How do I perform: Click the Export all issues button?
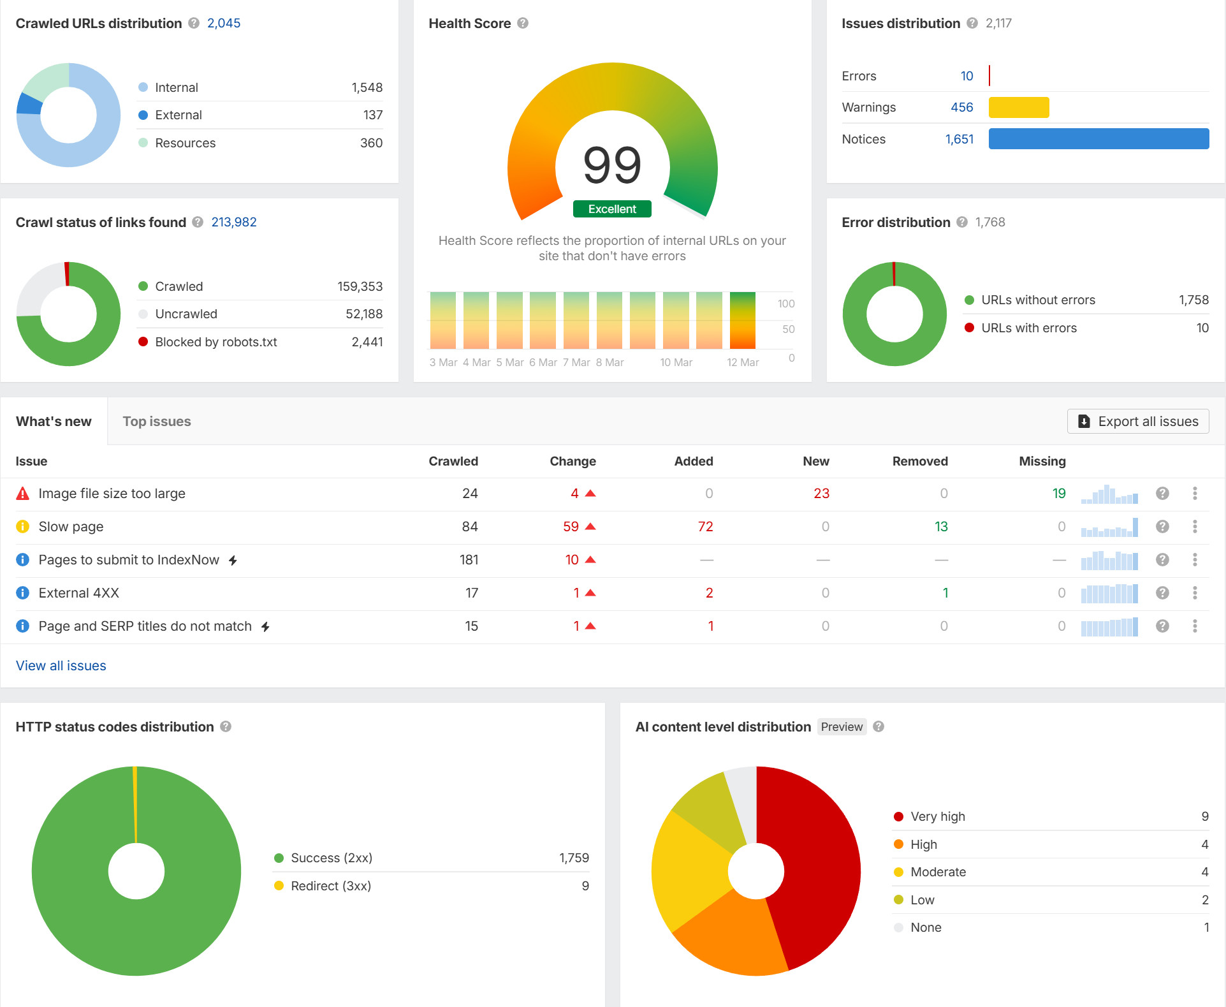click(x=1138, y=422)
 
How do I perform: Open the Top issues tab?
click(x=157, y=422)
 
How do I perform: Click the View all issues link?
click(x=61, y=666)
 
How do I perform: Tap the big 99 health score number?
click(x=612, y=165)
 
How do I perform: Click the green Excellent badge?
click(x=612, y=209)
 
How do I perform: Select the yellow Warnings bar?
click(x=1018, y=107)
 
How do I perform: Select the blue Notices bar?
click(x=1098, y=139)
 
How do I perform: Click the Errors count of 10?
click(x=967, y=76)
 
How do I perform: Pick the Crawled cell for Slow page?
click(x=470, y=527)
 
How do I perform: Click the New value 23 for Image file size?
click(x=821, y=494)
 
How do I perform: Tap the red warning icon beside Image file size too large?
click(x=23, y=494)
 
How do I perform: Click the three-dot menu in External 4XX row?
click(x=1195, y=593)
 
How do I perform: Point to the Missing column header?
click(x=1042, y=461)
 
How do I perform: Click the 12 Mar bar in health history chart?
click(x=743, y=321)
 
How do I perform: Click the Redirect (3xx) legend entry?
click(x=330, y=886)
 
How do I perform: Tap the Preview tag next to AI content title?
click(x=842, y=727)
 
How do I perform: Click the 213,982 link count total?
click(x=234, y=222)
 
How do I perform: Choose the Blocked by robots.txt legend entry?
click(x=215, y=342)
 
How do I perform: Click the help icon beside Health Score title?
click(x=523, y=24)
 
